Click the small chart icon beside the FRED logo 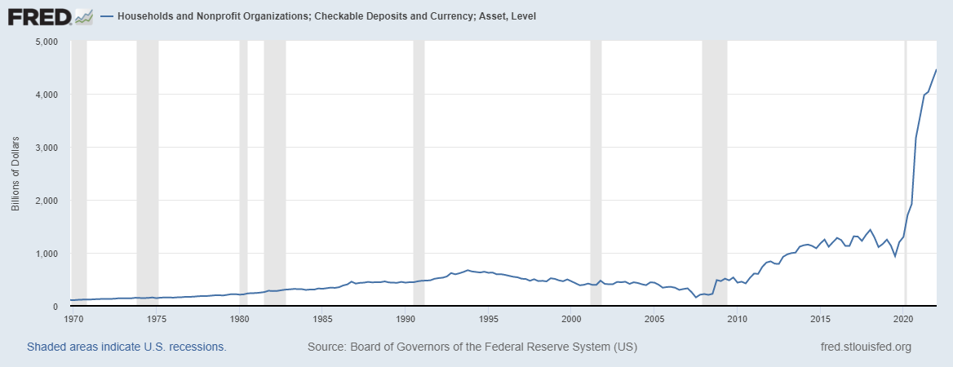pos(83,15)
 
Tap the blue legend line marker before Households pos(107,16)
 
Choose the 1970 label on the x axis pos(73,318)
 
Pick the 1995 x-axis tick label pos(489,318)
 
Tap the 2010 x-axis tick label pos(738,318)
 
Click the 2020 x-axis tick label pos(904,318)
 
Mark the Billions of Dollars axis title pos(16,174)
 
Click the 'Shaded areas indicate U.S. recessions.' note pos(126,347)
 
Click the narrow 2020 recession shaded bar pos(906,163)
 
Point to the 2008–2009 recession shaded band pos(714,163)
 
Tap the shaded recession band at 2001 pos(596,163)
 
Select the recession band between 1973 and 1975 pos(147,163)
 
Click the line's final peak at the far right pos(936,70)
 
